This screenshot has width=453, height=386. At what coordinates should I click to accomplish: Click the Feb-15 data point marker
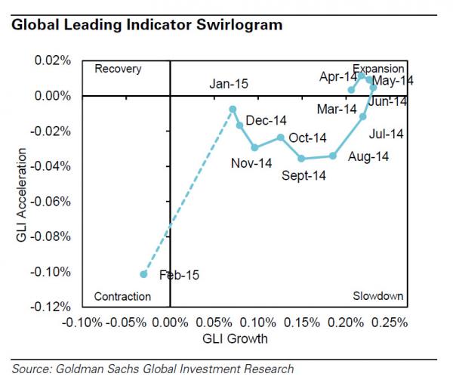pos(143,274)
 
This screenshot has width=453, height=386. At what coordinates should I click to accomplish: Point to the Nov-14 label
pos(251,162)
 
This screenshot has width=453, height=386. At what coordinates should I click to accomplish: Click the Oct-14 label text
pos(307,137)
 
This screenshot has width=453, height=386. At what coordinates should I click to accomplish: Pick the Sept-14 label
pos(304,176)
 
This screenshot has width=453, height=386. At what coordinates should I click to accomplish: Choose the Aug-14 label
pos(368,156)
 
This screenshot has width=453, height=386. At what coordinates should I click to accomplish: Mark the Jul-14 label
pos(387,134)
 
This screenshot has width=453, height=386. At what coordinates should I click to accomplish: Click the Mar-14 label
pos(337,110)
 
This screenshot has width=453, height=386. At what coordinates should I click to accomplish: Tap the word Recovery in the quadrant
pos(118,69)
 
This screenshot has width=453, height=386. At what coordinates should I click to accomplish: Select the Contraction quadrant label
pos(122,297)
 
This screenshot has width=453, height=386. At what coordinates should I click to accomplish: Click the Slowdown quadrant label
pos(377,297)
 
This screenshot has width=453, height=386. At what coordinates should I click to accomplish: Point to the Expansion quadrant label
pos(378,69)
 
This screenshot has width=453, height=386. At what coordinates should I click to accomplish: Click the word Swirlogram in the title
pos(242,25)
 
